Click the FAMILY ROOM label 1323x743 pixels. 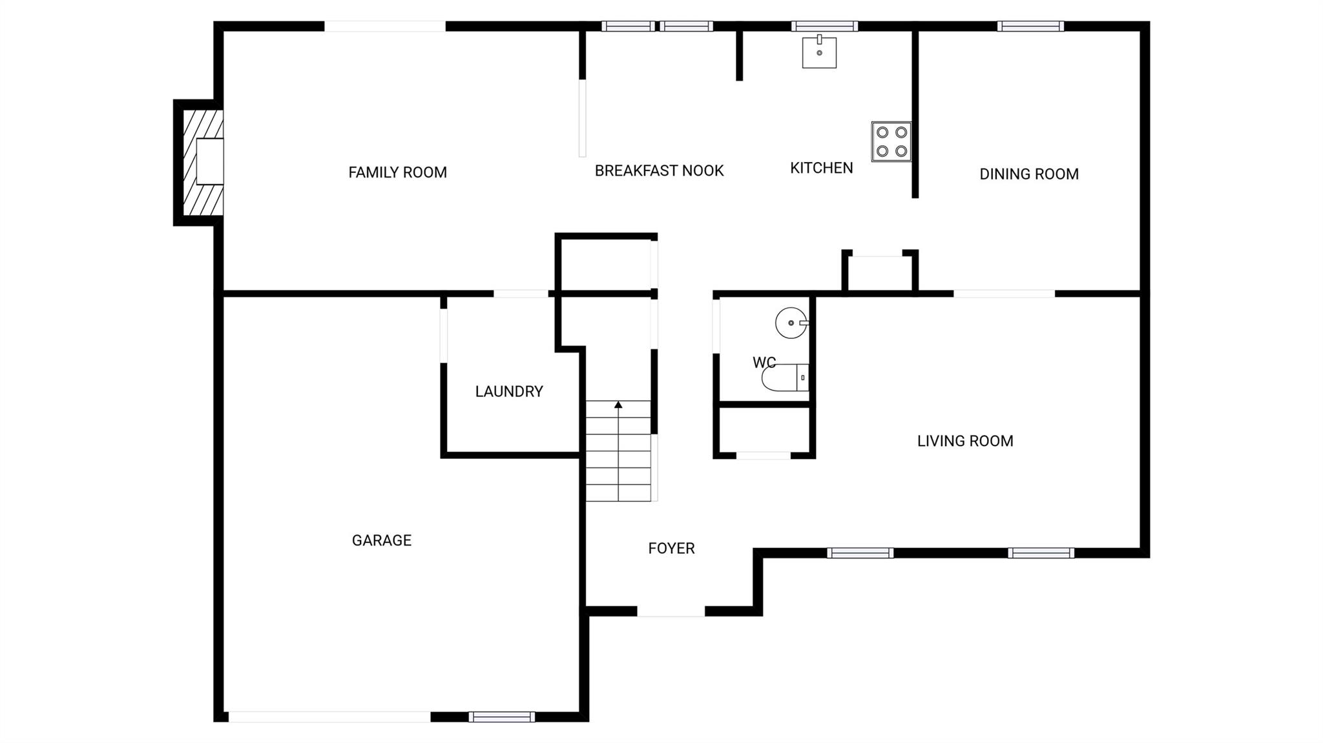click(x=397, y=172)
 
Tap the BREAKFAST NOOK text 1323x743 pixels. click(x=659, y=170)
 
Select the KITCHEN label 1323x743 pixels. click(x=821, y=168)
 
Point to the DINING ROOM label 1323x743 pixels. click(x=1028, y=174)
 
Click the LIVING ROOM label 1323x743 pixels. click(x=964, y=441)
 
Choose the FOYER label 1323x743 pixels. click(x=671, y=548)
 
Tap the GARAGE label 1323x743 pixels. click(x=381, y=540)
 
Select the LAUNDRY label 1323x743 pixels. click(x=508, y=391)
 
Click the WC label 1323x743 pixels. click(x=764, y=362)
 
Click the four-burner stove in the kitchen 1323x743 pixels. click(x=891, y=141)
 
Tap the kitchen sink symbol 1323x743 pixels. click(x=819, y=52)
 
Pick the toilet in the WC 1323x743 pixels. click(x=784, y=378)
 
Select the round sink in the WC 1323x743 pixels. click(x=791, y=323)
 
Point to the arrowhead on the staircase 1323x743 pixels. click(x=618, y=405)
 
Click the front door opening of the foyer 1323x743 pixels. click(x=671, y=611)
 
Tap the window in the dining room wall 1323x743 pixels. click(x=1030, y=26)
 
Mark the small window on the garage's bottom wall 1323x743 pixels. click(x=501, y=717)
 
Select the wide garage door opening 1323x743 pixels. click(x=329, y=717)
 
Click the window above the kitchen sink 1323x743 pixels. click(x=824, y=26)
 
